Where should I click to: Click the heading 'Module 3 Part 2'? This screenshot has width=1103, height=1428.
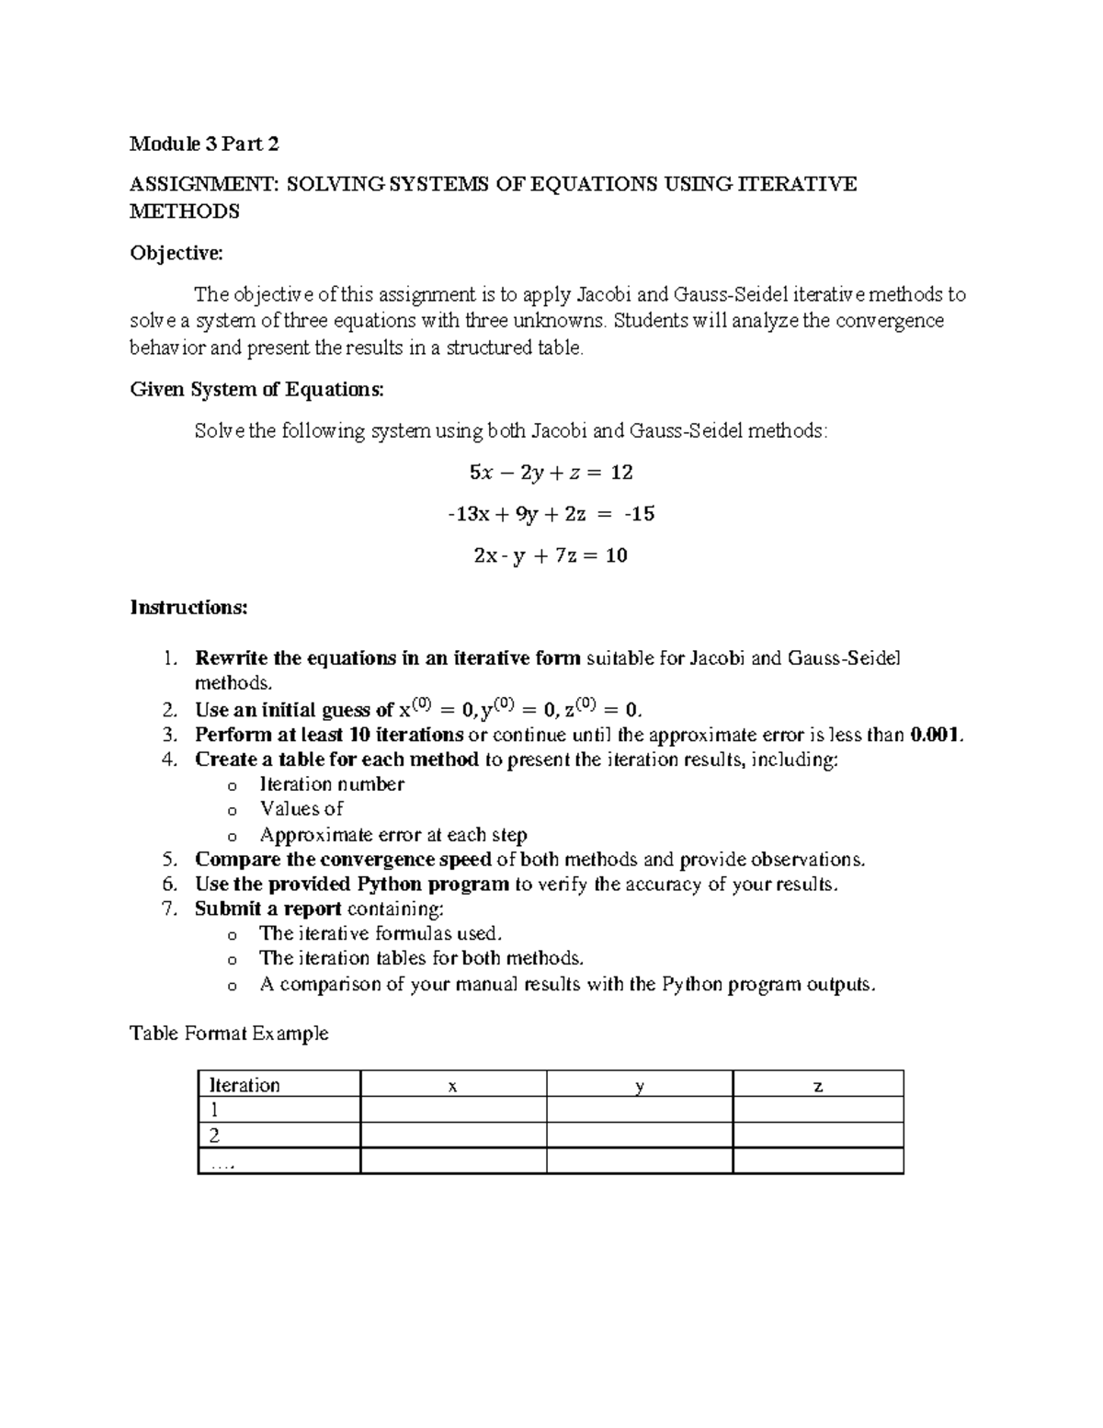coord(204,143)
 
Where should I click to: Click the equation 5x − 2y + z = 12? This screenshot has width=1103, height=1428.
coord(551,473)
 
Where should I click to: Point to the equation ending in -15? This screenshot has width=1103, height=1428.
coord(551,514)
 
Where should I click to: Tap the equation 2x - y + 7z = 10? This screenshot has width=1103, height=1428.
coord(551,555)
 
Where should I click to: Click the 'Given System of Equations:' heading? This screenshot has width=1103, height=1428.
coord(256,389)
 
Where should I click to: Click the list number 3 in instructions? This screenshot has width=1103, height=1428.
coord(168,735)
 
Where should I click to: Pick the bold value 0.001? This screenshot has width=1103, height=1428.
coord(936,735)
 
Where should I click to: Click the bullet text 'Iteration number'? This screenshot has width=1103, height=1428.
coord(332,784)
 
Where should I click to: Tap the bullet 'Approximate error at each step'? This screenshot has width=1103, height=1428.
coord(393,835)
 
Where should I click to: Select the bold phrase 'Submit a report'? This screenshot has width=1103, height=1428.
coord(267,909)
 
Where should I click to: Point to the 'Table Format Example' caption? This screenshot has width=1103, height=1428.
coord(229,1034)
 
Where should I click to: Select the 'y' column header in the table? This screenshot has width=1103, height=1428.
coord(640,1085)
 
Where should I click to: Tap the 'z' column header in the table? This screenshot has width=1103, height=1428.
coord(818,1085)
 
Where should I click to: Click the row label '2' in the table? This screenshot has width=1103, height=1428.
coord(215,1136)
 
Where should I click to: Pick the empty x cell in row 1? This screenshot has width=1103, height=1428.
coord(452,1110)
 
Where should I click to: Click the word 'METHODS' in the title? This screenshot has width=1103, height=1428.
coord(184,211)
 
